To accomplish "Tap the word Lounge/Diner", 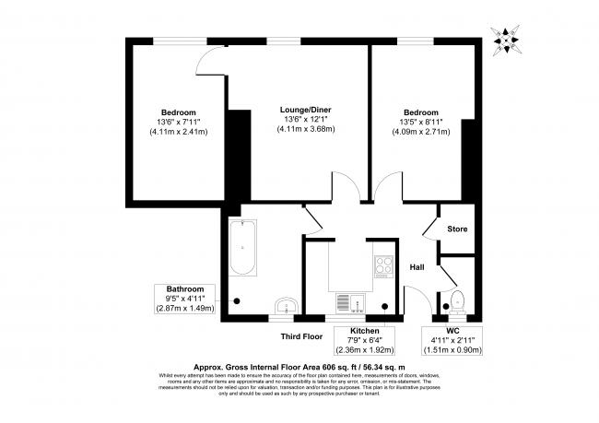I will (x=306, y=111).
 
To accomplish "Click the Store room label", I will (x=457, y=229).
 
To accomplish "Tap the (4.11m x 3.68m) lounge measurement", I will (x=306, y=130).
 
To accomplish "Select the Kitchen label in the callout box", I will (x=363, y=330).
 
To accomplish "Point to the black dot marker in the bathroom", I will (x=239, y=300).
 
